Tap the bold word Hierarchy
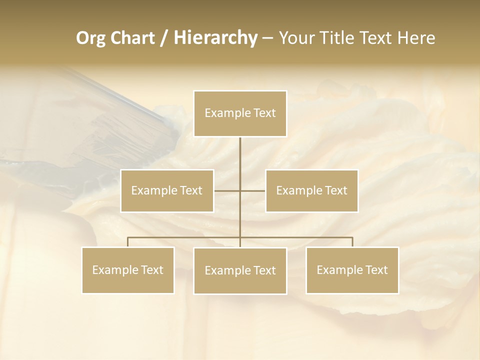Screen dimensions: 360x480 click(x=215, y=38)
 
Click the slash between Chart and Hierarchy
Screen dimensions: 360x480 click(x=163, y=38)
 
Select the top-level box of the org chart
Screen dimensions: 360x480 click(x=240, y=113)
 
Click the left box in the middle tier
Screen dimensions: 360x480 click(x=167, y=190)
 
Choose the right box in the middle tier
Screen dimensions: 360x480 click(x=311, y=190)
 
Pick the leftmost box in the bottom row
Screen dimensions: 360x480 click(x=128, y=270)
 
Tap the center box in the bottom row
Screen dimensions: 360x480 click(x=240, y=270)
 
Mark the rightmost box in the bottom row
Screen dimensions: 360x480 click(x=352, y=270)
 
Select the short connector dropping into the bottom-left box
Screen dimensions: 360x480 click(x=128, y=242)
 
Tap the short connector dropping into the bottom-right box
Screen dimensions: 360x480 click(x=352, y=242)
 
